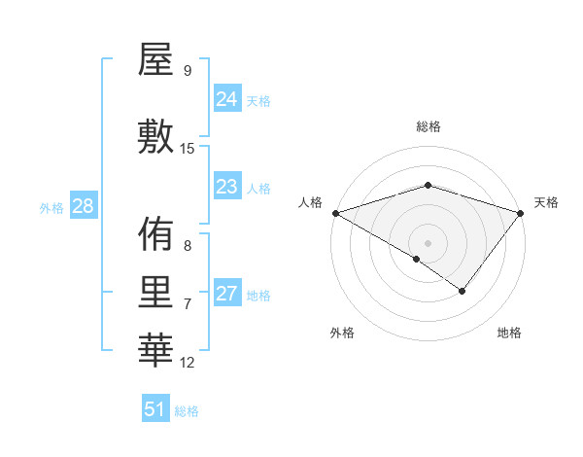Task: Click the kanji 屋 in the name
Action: pyautogui.click(x=155, y=62)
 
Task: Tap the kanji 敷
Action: pyautogui.click(x=155, y=136)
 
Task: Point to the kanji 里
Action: pyautogui.click(x=155, y=293)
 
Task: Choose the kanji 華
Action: pyautogui.click(x=155, y=351)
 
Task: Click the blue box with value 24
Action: pyautogui.click(x=227, y=99)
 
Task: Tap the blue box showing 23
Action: pyautogui.click(x=227, y=187)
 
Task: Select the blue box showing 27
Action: pyautogui.click(x=227, y=294)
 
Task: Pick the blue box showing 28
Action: pyautogui.click(x=82, y=206)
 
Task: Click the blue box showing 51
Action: pyautogui.click(x=155, y=409)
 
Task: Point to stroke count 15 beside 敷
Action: pyautogui.click(x=188, y=148)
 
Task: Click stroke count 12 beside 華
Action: pyautogui.click(x=188, y=363)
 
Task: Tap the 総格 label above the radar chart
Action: pyautogui.click(x=428, y=126)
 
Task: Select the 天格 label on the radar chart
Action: pyautogui.click(x=547, y=202)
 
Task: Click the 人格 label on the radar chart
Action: pyautogui.click(x=310, y=202)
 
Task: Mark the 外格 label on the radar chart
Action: pyautogui.click(x=342, y=333)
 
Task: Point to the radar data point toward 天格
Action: pyautogui.click(x=522, y=213)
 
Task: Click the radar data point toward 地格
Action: pyautogui.click(x=463, y=291)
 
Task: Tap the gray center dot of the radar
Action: pyautogui.click(x=428, y=242)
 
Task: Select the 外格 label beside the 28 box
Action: pyautogui.click(x=51, y=207)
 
